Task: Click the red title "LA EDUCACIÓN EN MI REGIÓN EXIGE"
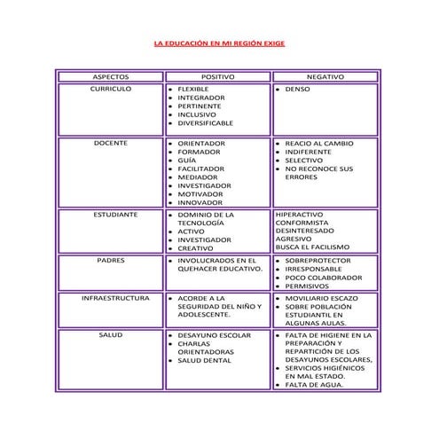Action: (219, 43)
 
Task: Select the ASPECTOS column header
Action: (111, 77)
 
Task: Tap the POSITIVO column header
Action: (217, 77)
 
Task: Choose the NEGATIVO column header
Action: (325, 77)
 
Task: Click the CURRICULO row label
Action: (111, 90)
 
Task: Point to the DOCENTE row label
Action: (111, 143)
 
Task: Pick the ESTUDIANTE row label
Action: (111, 215)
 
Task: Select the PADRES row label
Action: (111, 261)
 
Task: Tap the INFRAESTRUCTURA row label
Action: (111, 298)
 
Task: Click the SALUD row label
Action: (111, 335)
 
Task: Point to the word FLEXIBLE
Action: (193, 90)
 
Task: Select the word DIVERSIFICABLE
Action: (206, 122)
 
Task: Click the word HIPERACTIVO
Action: (300, 215)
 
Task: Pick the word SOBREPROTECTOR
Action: (317, 261)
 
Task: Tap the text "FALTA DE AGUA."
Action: (310, 385)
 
